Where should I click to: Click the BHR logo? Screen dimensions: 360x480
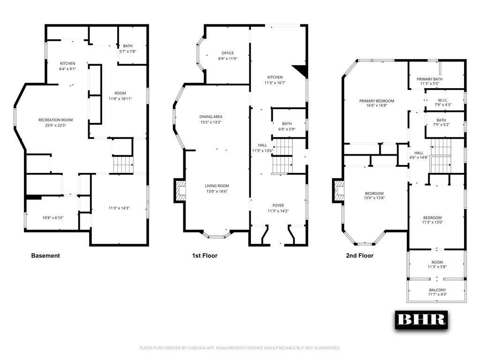[x=420, y=319]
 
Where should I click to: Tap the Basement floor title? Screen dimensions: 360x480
[x=45, y=256]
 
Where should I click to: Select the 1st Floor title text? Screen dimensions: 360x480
[x=204, y=256]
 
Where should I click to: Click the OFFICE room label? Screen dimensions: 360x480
[x=228, y=53]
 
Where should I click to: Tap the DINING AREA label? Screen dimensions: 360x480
[x=211, y=117]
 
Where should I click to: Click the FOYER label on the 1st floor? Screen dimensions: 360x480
[x=278, y=205]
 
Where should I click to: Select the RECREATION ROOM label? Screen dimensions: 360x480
[x=55, y=120]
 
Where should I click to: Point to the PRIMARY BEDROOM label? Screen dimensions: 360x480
[x=376, y=101]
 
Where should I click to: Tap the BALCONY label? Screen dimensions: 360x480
[x=437, y=290]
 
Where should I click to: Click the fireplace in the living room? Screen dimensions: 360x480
[x=180, y=191]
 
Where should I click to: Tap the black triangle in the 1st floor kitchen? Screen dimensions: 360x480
[x=301, y=71]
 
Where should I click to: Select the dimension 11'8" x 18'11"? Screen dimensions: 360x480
[x=117, y=99]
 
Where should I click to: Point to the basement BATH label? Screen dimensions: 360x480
[x=127, y=46]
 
